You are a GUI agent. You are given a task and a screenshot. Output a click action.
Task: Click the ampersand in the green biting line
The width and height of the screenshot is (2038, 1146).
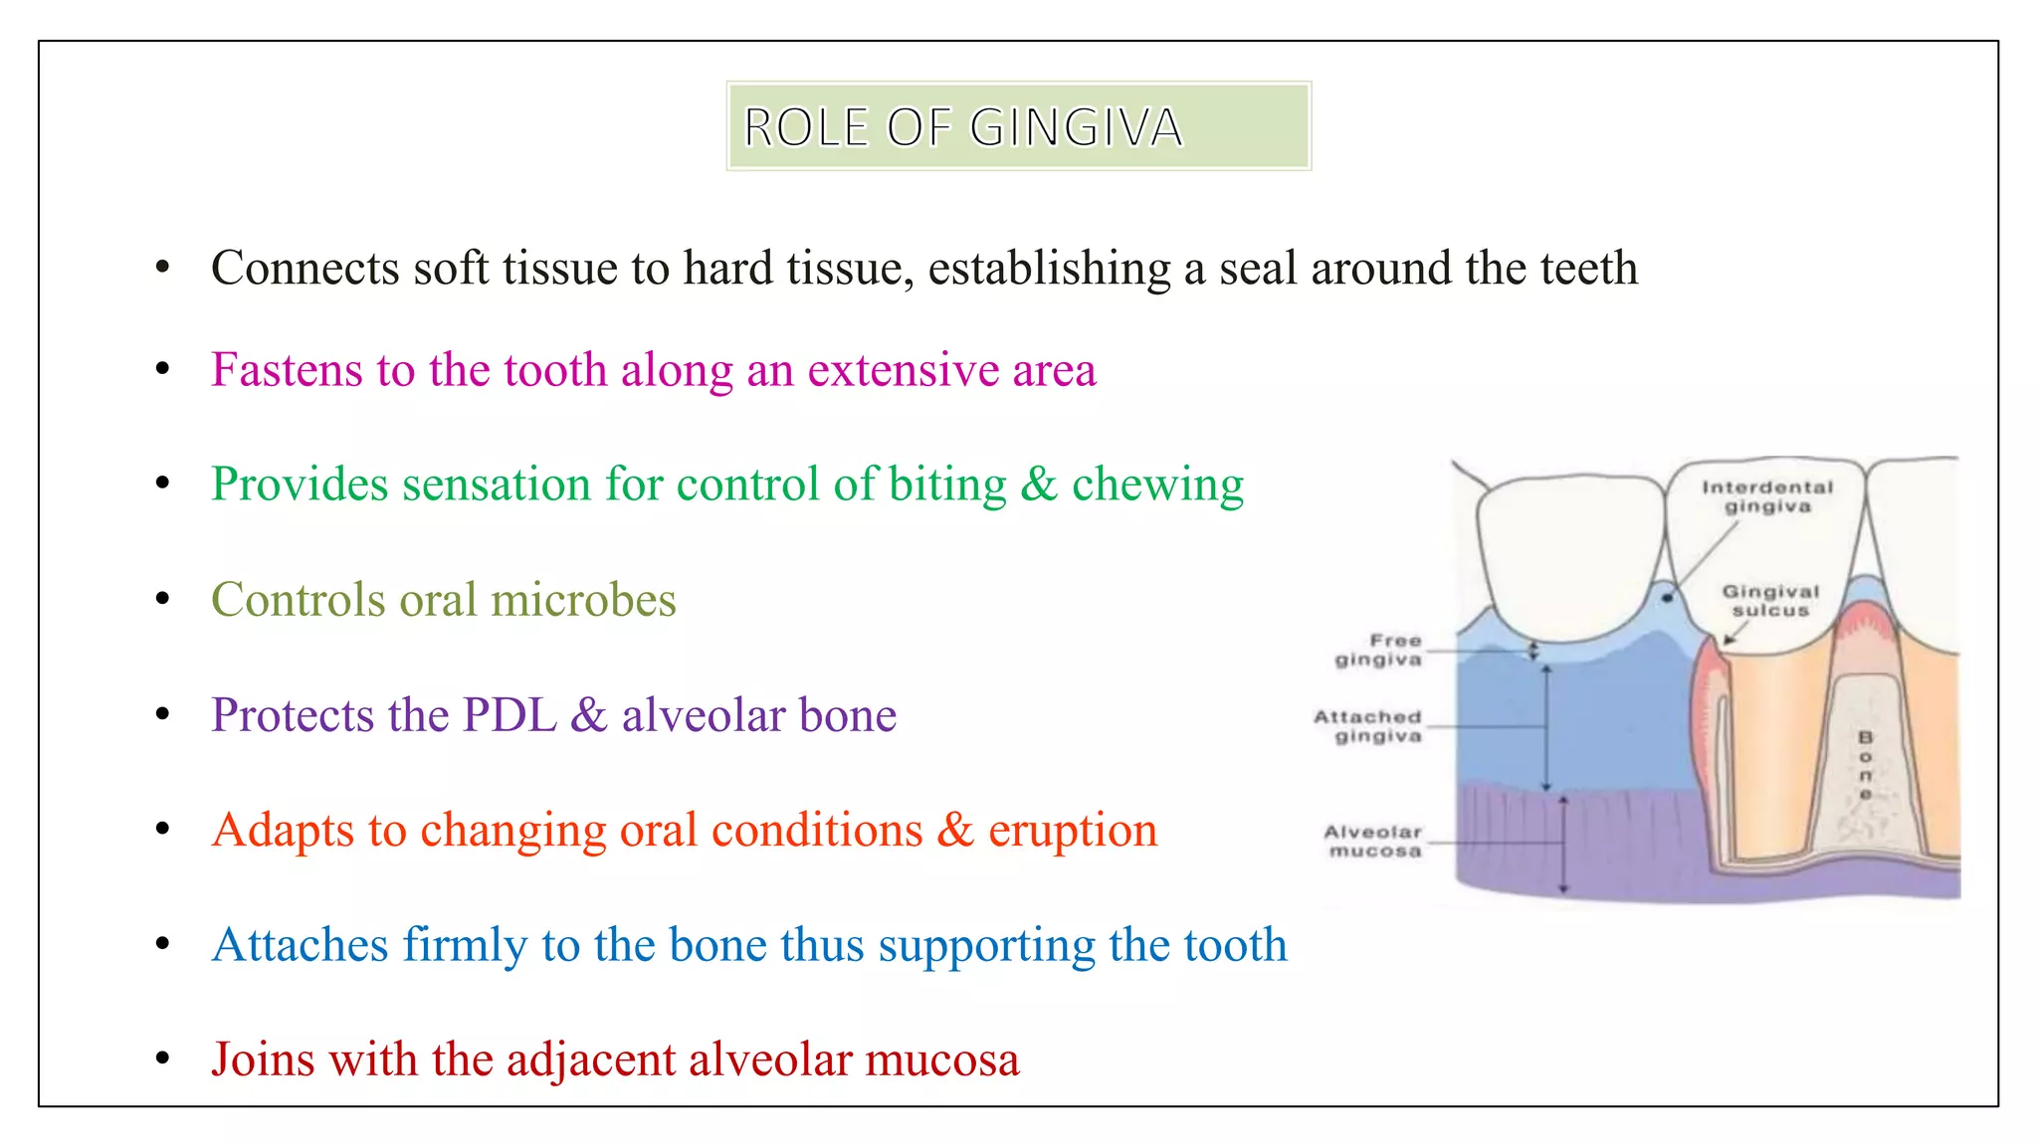(1038, 484)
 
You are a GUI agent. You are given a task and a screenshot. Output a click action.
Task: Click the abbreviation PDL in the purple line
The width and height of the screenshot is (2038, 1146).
(509, 715)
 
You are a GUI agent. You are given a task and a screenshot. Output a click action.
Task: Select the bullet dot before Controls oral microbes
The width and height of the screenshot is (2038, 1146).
(163, 599)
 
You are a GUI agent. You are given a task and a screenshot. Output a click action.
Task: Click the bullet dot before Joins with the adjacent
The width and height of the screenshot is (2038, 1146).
(163, 1058)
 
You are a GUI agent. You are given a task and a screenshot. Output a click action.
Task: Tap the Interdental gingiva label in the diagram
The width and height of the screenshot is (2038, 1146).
(1767, 496)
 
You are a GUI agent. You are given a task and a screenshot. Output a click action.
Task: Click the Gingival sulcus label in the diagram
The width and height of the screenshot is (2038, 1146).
(1770, 601)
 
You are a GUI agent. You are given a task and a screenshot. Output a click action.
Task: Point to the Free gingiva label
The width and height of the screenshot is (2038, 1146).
(1379, 650)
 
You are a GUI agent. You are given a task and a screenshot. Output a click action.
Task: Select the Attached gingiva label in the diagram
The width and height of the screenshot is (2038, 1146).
(1368, 726)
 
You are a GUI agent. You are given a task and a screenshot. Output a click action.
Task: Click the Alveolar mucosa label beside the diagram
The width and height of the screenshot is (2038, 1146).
(1373, 842)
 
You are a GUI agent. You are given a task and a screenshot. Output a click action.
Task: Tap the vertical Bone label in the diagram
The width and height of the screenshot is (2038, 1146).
(1865, 765)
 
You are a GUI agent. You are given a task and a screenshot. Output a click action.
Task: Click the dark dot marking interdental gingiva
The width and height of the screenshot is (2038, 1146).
(1668, 598)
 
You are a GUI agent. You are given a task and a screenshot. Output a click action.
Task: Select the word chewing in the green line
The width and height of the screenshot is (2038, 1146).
(1157, 484)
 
